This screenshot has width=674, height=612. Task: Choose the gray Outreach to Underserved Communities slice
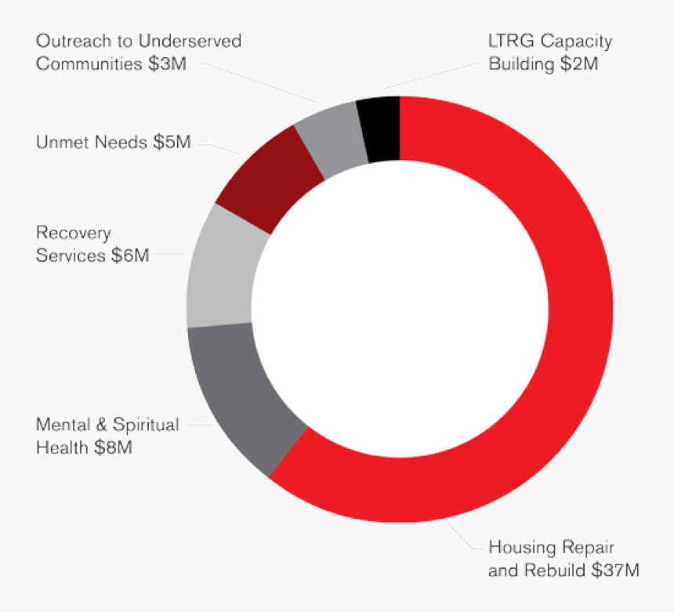[328, 139]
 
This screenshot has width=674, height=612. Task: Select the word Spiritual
[146, 425]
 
